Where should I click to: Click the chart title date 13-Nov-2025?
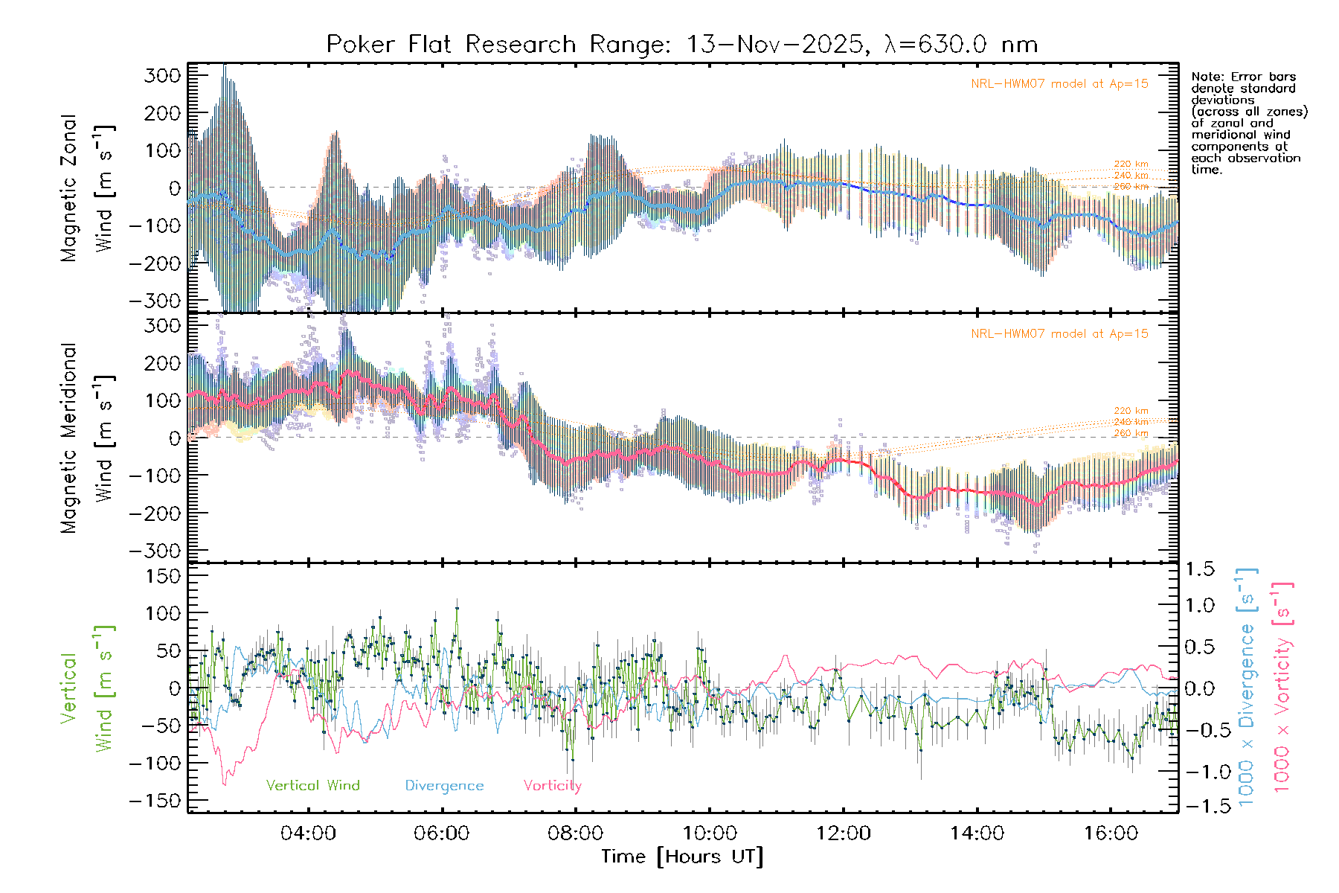click(x=774, y=45)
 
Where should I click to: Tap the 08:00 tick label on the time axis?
click(x=575, y=833)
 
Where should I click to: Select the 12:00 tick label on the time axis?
click(x=843, y=833)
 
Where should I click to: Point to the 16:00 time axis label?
click(x=1111, y=833)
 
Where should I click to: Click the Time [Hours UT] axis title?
click(x=682, y=857)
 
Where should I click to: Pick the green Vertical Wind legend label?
click(x=312, y=786)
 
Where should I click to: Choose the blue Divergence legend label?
click(x=444, y=786)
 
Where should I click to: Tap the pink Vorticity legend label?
click(x=552, y=786)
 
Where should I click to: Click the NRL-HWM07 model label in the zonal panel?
click(x=1059, y=84)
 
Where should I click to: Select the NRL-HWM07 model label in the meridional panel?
click(x=1059, y=334)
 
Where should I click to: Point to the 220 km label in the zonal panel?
click(x=1131, y=164)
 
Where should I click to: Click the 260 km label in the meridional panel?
click(x=1131, y=433)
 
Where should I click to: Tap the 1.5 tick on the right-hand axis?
click(x=1200, y=569)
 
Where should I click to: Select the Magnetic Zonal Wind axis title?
click(x=87, y=188)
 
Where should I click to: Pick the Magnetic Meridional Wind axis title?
click(x=87, y=438)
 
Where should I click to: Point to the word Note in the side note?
click(x=1205, y=77)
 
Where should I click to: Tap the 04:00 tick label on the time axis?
click(x=307, y=833)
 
